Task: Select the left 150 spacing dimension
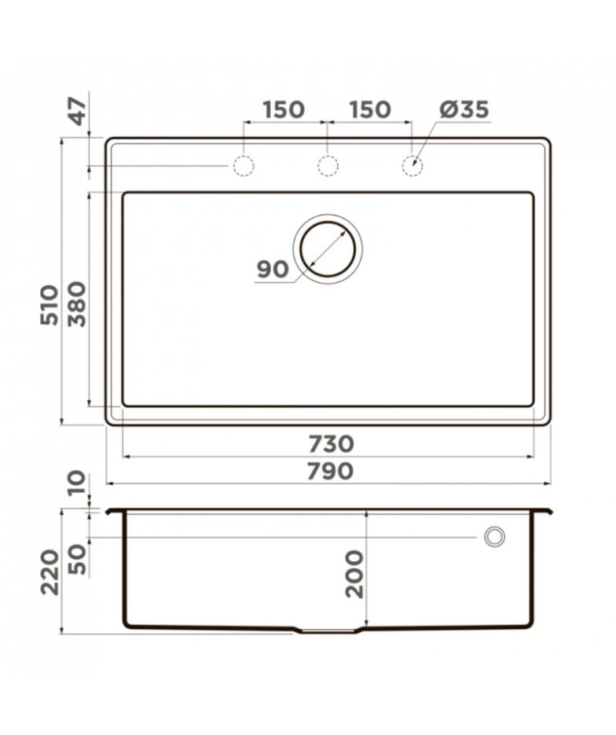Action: [284, 109]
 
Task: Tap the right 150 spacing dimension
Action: [369, 109]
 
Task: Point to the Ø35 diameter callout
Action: [464, 109]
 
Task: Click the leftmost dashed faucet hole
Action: [244, 166]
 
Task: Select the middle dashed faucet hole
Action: [328, 166]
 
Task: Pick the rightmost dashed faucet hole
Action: [412, 166]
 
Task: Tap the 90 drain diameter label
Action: [272, 270]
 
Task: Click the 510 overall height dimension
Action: [49, 304]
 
